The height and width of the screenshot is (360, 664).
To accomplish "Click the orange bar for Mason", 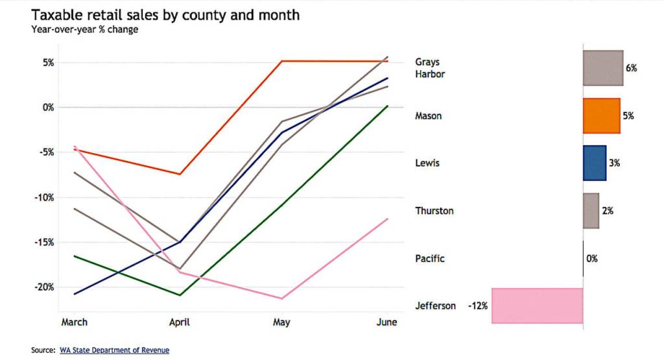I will [x=601, y=116].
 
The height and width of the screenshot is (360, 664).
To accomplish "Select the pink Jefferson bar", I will [x=537, y=306].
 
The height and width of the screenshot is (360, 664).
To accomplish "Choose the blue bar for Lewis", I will [x=594, y=163].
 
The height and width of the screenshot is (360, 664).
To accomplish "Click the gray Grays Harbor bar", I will [x=602, y=68].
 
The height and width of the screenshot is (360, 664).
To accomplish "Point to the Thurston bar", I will [x=591, y=211].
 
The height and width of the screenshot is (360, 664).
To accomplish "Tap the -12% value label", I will [x=477, y=306].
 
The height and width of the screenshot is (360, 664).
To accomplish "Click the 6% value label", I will [x=631, y=68].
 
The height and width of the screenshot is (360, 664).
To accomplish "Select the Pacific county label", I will [x=430, y=259].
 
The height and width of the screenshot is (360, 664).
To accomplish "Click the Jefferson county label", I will [x=435, y=306].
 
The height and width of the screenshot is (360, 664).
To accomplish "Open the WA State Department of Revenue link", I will [x=114, y=350].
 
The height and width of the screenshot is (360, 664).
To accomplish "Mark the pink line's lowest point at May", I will [x=281, y=298].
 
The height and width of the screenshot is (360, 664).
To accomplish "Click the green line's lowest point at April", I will [x=179, y=295].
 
